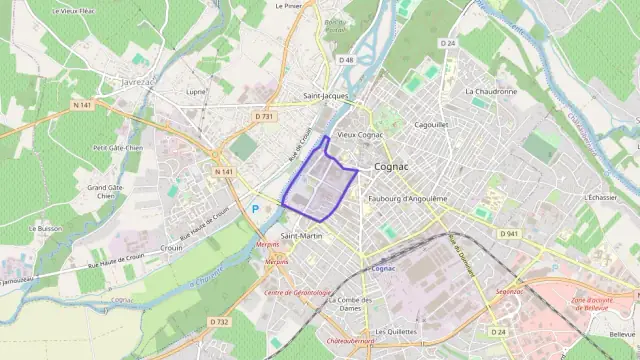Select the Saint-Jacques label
327,96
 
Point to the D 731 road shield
264,116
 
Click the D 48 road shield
347,60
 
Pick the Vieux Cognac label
360,134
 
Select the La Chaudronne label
491,91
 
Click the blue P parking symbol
255,209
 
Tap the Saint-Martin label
302,236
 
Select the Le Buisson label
46,228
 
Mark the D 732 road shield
220,321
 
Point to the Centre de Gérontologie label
297,292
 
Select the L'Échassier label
601,198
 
